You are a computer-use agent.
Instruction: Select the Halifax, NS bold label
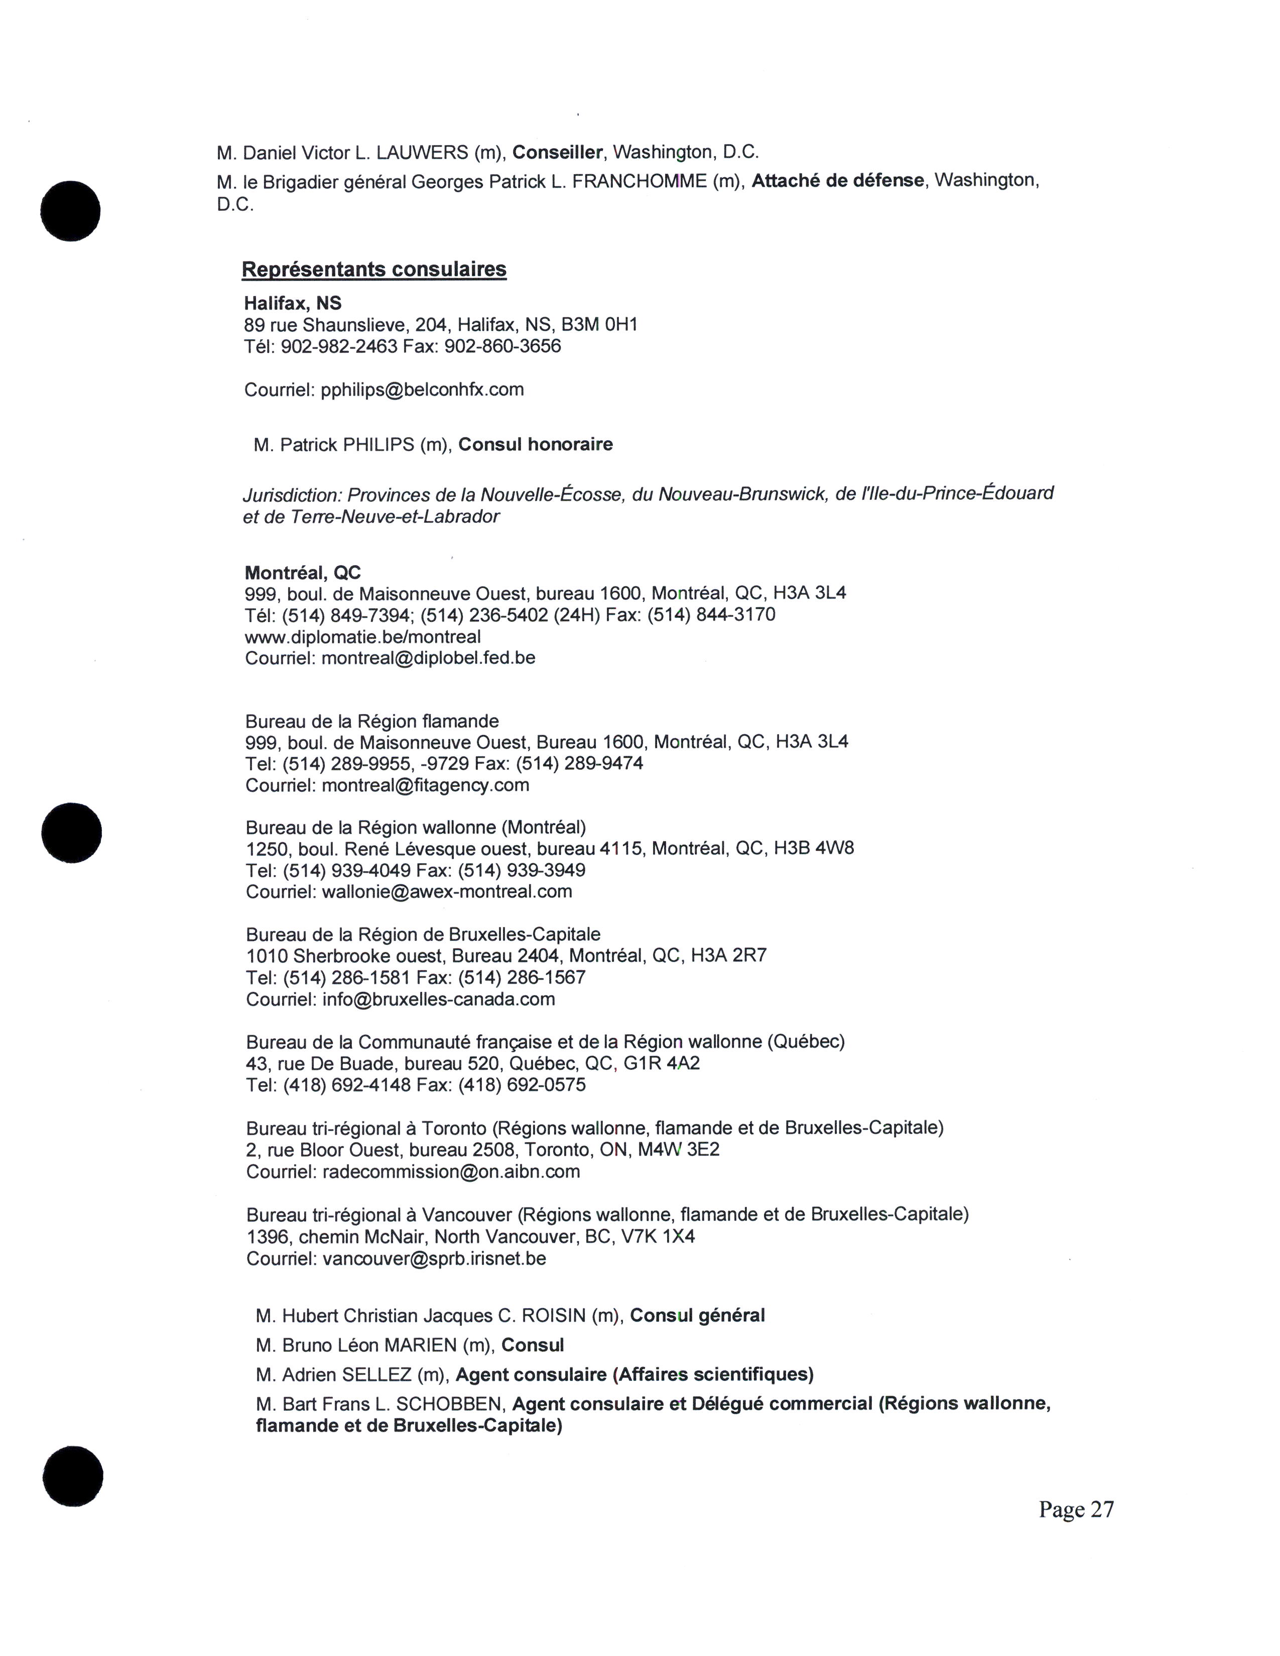pyautogui.click(x=293, y=303)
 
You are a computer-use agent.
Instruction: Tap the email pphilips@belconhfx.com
pyautogui.click(x=422, y=390)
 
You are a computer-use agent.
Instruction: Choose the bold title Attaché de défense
pyautogui.click(x=838, y=181)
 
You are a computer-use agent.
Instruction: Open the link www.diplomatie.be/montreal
pyautogui.click(x=362, y=636)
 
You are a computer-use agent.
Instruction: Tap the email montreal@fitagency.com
pyautogui.click(x=425, y=785)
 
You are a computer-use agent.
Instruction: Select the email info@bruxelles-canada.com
pyautogui.click(x=438, y=999)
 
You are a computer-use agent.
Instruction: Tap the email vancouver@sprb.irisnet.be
pyautogui.click(x=434, y=1259)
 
